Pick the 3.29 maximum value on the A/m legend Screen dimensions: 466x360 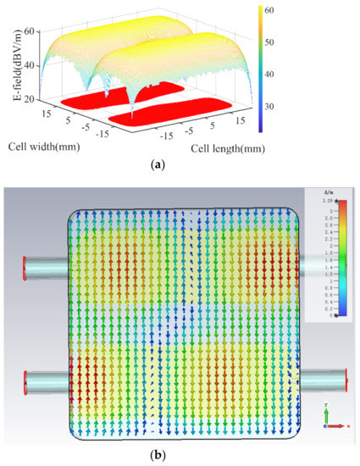point(325,200)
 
